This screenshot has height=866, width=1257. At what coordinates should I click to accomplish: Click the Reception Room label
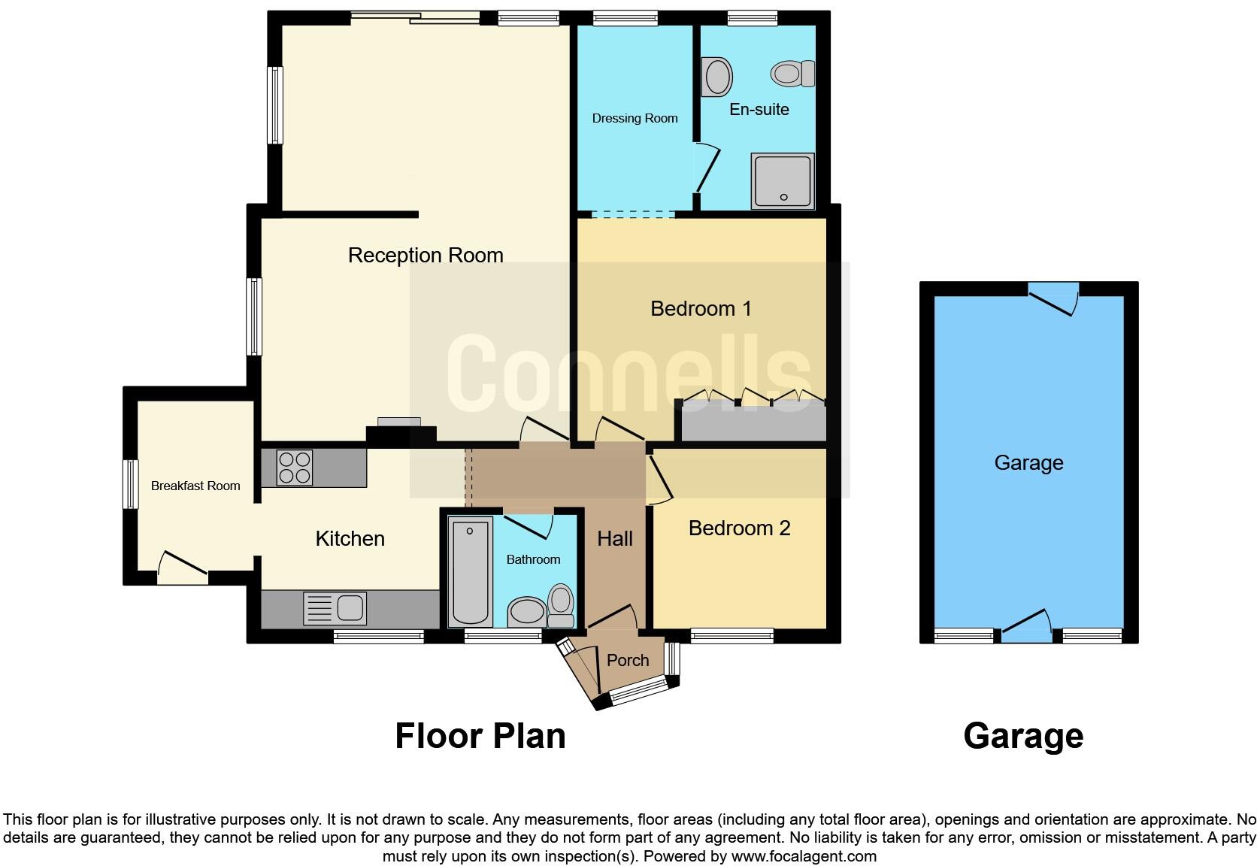[x=426, y=256]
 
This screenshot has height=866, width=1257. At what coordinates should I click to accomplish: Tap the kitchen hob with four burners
[x=295, y=467]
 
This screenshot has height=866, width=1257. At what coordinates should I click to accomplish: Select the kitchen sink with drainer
[x=335, y=608]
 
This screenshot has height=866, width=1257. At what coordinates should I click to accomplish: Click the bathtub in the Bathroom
[x=470, y=572]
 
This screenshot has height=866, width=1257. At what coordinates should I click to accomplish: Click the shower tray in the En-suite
[x=782, y=181]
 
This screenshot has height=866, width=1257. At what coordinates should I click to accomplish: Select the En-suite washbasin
[x=717, y=77]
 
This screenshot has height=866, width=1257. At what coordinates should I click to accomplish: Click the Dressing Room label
[x=635, y=118]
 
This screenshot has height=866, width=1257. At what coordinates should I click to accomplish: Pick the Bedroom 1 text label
[x=701, y=308]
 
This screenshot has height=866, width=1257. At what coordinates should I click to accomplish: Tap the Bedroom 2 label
[x=739, y=528]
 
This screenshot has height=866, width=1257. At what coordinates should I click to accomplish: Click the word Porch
[x=627, y=660]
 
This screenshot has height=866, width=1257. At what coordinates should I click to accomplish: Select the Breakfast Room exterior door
[x=182, y=569]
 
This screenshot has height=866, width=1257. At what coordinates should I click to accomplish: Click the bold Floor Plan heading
[x=480, y=735]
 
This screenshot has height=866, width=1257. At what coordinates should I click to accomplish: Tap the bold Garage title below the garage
[x=1022, y=735]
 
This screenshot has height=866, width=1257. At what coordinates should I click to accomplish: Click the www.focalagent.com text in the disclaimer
[x=804, y=855]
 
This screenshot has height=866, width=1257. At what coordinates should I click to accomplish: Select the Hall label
[x=614, y=538]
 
